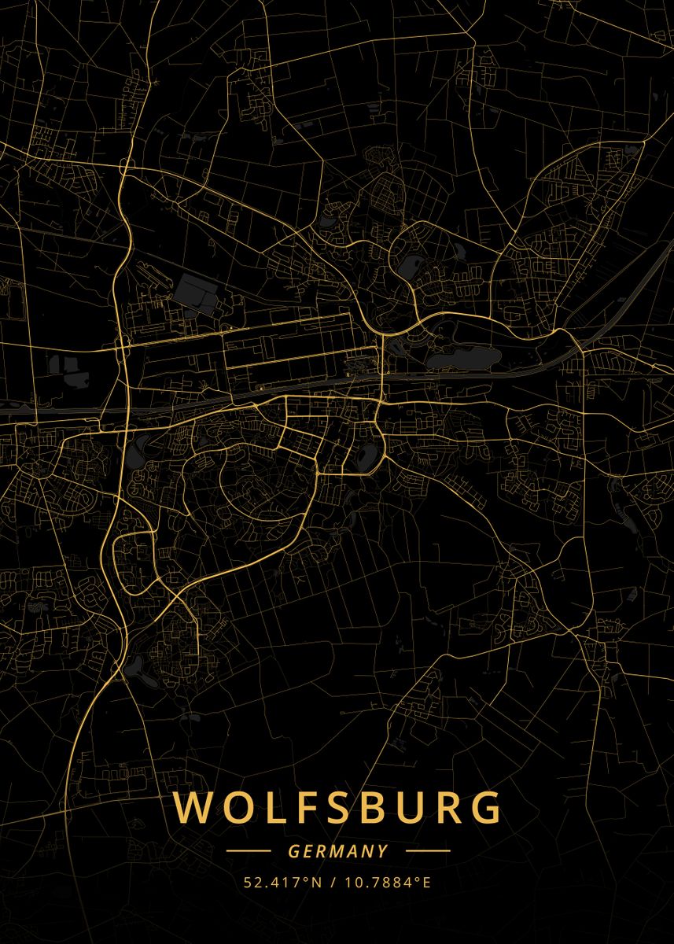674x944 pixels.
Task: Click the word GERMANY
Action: [338, 851]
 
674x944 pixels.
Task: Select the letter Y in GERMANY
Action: [383, 851]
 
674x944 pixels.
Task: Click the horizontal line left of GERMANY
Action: [248, 851]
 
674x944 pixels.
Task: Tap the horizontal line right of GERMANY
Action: [428, 851]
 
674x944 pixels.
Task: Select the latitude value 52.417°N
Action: [283, 882]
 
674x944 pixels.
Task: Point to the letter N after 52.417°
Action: [318, 882]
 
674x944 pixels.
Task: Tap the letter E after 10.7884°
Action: [427, 882]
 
